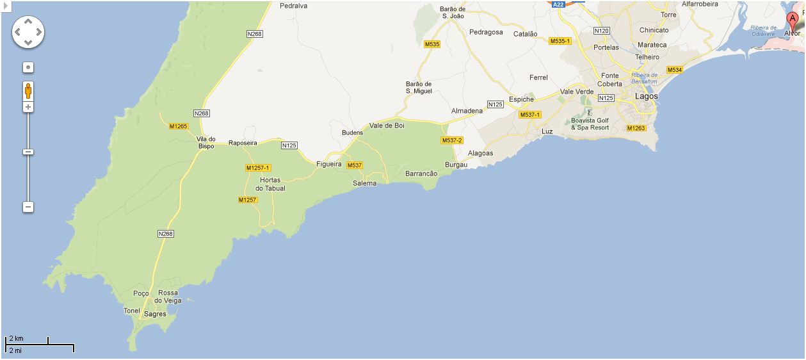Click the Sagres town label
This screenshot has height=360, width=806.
(x=155, y=314)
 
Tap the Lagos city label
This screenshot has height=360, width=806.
(x=646, y=96)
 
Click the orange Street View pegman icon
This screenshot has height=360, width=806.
(x=28, y=90)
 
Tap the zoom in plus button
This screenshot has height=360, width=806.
(x=28, y=107)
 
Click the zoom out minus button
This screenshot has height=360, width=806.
(x=28, y=207)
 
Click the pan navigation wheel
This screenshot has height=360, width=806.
(x=28, y=31)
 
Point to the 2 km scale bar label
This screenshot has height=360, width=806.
(x=17, y=338)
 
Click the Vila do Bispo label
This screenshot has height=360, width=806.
(x=206, y=142)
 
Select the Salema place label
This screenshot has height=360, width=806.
(x=364, y=183)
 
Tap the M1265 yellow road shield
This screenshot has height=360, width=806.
(x=179, y=126)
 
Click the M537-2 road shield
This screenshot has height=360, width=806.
(x=452, y=140)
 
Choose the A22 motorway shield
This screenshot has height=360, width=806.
(x=559, y=4)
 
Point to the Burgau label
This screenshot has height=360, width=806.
(x=456, y=165)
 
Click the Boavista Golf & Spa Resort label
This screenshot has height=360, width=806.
(x=590, y=124)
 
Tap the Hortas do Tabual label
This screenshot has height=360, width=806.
(x=270, y=184)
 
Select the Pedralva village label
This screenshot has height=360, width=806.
(x=294, y=6)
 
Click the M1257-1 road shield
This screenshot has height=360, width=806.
(x=259, y=168)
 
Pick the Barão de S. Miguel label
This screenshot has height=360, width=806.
(x=419, y=87)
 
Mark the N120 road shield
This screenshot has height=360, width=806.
(x=602, y=30)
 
